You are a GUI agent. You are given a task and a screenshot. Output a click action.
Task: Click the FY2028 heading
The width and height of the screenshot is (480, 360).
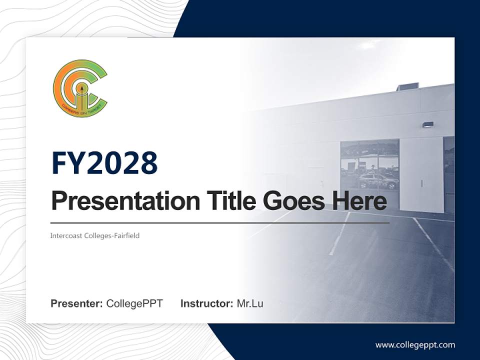click(x=104, y=163)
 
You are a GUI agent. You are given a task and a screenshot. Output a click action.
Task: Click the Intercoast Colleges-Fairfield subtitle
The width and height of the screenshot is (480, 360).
click(x=95, y=235)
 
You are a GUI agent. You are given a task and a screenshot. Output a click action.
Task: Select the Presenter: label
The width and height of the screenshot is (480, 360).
click(x=76, y=303)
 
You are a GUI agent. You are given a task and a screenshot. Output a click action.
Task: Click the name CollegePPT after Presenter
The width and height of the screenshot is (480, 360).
click(x=134, y=303)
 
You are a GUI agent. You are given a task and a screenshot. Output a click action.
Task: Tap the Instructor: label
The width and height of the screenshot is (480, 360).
click(x=206, y=303)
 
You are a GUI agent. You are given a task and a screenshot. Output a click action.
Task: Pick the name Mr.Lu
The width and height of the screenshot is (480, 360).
click(x=250, y=303)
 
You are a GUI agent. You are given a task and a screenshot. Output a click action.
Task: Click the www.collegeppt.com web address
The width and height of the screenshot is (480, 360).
click(x=415, y=345)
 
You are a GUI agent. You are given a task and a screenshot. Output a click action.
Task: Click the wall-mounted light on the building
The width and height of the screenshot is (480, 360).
click(x=427, y=124)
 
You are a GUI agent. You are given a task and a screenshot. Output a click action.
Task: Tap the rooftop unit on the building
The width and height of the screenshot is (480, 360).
click(x=407, y=86)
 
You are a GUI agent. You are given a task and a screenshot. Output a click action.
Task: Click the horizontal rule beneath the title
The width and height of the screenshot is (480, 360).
click(x=220, y=222)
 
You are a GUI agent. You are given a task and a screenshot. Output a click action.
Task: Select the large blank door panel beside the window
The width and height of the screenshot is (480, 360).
click(x=421, y=167)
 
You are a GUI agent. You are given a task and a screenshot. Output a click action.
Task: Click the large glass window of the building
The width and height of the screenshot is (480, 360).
click(x=369, y=165)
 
